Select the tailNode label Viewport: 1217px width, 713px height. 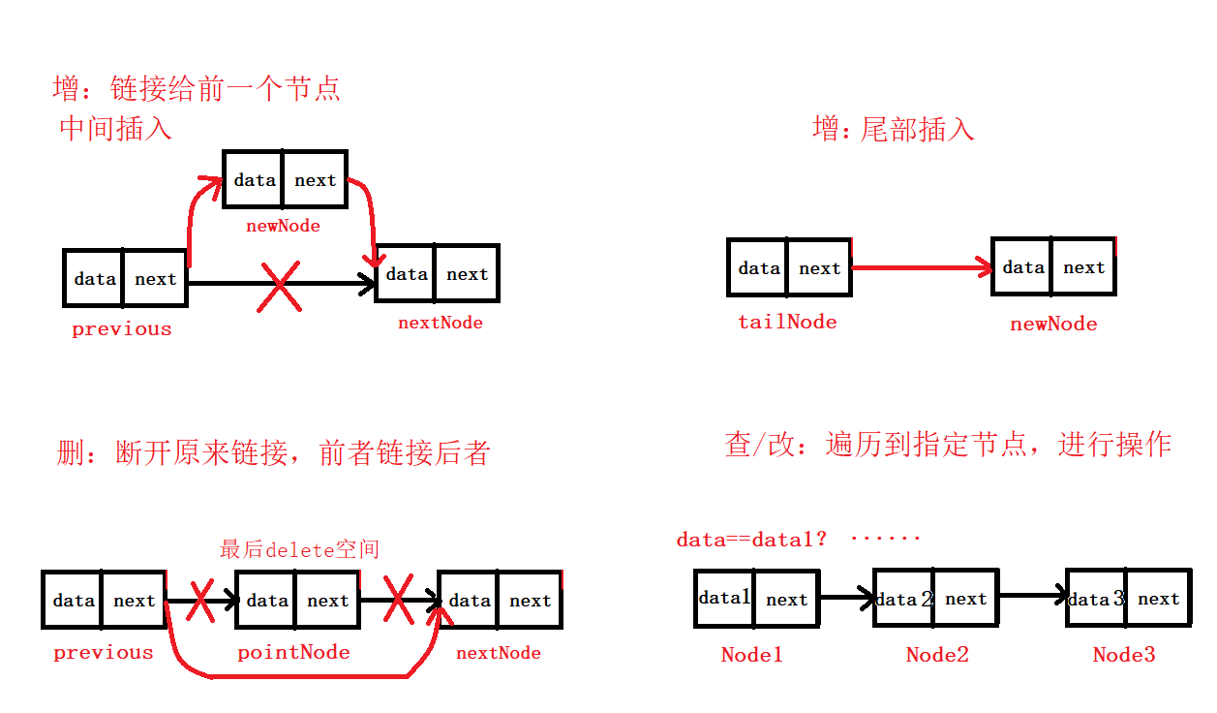(787, 322)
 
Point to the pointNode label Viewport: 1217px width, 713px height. (293, 652)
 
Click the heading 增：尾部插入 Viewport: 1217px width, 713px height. (894, 130)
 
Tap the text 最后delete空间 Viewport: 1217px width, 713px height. (299, 549)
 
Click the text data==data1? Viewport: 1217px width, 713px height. (751, 539)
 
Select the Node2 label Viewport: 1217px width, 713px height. (936, 655)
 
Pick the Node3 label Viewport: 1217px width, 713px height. (1124, 655)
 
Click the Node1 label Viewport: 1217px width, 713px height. (751, 655)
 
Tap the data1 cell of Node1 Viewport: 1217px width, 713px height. (724, 599)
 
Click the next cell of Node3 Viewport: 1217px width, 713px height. (1158, 599)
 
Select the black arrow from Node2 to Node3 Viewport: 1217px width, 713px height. (1032, 594)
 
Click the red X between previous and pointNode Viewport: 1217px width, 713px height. (200, 602)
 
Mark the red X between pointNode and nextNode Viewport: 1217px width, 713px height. (398, 602)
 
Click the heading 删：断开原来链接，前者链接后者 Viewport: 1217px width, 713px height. (273, 452)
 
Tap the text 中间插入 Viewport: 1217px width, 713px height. (115, 128)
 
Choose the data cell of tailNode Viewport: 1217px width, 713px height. (757, 267)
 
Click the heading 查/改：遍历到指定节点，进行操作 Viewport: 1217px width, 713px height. (948, 445)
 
